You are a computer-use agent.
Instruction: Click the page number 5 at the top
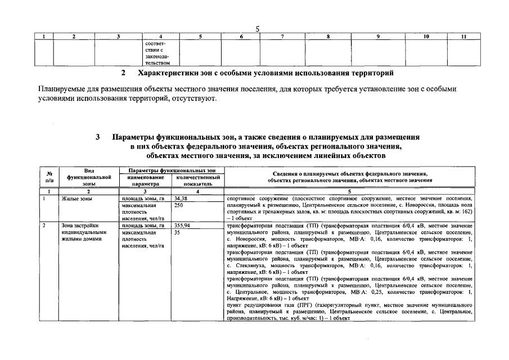257,29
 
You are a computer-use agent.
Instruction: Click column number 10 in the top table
426,37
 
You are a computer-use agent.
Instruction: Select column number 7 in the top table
282,37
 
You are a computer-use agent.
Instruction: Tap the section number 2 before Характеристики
123,73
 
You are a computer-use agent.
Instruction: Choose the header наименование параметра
145,180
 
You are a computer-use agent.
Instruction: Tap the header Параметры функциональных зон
172,170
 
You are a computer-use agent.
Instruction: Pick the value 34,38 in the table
181,199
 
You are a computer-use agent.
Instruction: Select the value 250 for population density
179,205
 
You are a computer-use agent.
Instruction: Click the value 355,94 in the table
182,225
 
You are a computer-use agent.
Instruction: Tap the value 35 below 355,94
177,232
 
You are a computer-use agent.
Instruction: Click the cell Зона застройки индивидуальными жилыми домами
84,232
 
